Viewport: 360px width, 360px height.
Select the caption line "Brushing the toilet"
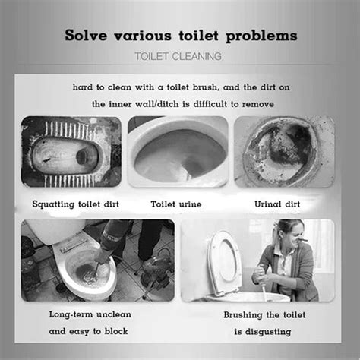pos(267,314)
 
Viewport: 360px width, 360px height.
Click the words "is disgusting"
pos(267,331)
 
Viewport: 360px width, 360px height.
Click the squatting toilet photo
pos(71,152)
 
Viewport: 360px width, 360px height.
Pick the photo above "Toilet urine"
pos(177,152)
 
